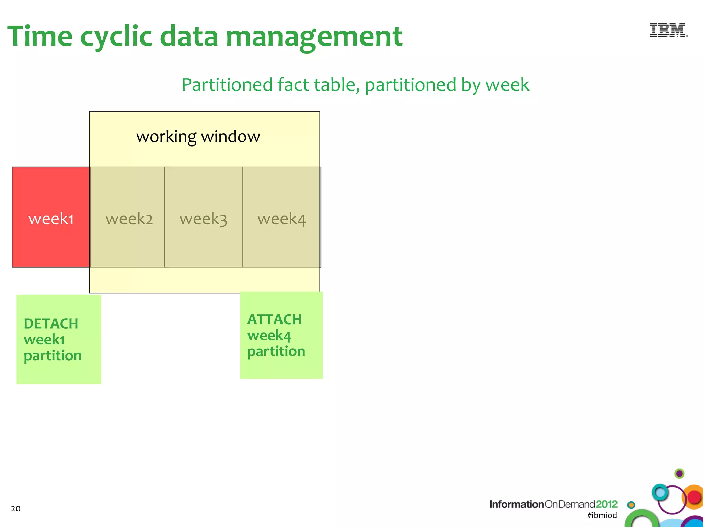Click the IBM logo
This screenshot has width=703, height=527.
[668, 30]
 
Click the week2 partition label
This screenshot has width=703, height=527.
[129, 219]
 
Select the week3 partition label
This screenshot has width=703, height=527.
[203, 219]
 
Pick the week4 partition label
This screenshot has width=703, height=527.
[281, 219]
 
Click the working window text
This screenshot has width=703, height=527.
[198, 137]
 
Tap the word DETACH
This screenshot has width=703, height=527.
[51, 324]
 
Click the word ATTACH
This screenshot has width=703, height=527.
[274, 319]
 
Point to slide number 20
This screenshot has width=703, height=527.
[16, 508]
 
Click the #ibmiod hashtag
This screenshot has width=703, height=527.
[602, 515]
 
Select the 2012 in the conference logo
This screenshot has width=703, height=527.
[607, 504]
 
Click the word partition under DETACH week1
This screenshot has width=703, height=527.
[53, 356]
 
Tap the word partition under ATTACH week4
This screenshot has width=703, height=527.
[276, 351]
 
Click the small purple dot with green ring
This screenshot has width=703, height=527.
[679, 474]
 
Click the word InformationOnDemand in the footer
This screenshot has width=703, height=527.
[542, 504]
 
